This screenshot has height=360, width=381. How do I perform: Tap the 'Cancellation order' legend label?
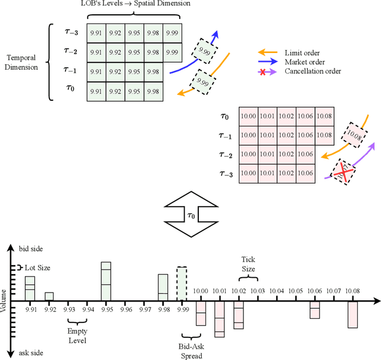313,70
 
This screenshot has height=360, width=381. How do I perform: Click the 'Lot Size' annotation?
37,268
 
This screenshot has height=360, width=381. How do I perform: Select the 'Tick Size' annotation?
248,264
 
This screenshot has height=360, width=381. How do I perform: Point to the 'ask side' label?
30,353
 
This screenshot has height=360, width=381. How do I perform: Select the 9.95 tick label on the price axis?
107,309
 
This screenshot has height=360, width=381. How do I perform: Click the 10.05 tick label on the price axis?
295,292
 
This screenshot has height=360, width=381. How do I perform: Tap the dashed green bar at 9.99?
183,283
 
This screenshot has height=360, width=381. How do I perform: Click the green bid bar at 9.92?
49,296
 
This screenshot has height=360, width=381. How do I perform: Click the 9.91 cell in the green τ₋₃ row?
96,33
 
